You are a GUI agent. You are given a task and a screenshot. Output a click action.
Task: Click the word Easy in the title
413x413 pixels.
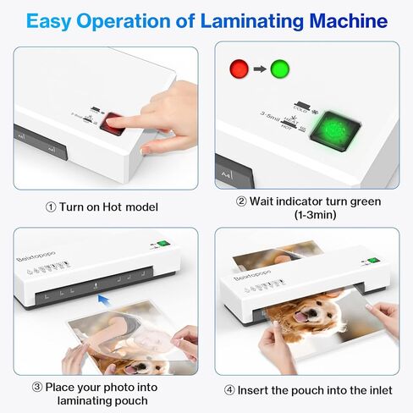point(52,21)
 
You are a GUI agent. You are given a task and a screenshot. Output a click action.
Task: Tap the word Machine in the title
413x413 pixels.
point(349,21)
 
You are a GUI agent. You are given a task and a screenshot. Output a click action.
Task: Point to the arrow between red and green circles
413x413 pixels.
point(261,67)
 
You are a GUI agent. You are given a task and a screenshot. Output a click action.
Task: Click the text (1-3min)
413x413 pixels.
point(308,217)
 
